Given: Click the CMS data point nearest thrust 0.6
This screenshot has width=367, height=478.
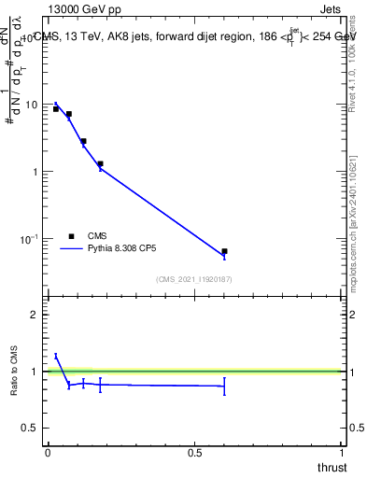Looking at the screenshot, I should [224, 251].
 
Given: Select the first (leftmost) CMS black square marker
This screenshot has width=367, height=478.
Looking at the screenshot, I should [56, 109].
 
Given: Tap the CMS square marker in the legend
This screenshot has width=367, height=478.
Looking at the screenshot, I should [72, 236].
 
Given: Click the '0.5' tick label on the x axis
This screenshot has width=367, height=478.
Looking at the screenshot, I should [195, 453].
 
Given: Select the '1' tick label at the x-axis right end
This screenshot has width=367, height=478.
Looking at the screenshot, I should [343, 453].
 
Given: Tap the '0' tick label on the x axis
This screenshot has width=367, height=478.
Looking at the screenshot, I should [48, 453].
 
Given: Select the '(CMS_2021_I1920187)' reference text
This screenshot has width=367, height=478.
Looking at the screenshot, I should [194, 278].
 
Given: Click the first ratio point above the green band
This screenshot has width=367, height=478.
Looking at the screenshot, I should [56, 356].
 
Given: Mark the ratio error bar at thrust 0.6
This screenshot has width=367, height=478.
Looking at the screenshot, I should [224, 386].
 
